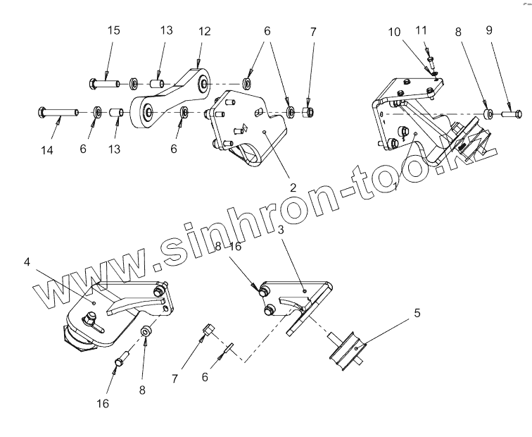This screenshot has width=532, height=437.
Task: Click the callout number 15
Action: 113,31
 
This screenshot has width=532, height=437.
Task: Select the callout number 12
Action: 204,32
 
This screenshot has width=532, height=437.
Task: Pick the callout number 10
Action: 395,32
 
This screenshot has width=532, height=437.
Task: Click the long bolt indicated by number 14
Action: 61,111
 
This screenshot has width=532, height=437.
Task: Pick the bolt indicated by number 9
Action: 512,113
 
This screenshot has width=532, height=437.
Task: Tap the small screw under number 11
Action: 429,59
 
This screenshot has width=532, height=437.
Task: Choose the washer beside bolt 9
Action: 487,113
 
